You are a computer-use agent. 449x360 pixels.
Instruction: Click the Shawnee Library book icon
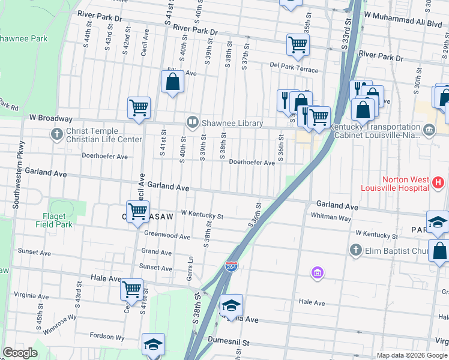pos(192,123)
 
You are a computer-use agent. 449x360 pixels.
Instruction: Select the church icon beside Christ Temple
pos(56,134)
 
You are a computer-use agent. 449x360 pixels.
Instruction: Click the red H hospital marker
pos(438,182)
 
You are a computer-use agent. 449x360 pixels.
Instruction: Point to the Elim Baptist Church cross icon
pos(355,250)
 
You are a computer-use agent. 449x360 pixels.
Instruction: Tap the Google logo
pos(20,353)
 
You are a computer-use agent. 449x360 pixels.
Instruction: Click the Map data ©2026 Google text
pos(412,355)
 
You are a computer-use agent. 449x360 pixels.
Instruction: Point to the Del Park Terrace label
pos(294,70)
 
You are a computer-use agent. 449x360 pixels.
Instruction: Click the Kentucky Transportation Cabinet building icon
pos(429,130)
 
